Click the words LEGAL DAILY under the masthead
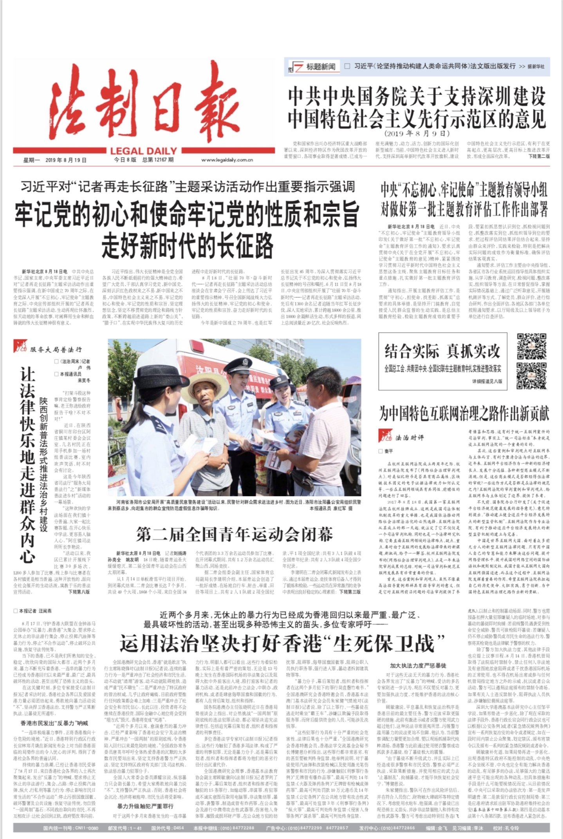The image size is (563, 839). (143, 151)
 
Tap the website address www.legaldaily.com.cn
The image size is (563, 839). (227, 160)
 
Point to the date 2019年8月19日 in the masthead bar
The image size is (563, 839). (66, 160)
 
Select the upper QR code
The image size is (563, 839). (531, 346)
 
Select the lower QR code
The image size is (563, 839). (531, 375)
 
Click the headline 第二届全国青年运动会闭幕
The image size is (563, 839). (234, 535)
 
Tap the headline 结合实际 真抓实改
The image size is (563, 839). (442, 351)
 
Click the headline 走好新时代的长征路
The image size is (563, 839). (187, 246)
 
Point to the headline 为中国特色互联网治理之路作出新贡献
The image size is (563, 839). (464, 413)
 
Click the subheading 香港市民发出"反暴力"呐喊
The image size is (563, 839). (54, 723)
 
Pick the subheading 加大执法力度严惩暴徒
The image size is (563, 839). (418, 665)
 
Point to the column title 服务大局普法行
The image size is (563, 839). (56, 349)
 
